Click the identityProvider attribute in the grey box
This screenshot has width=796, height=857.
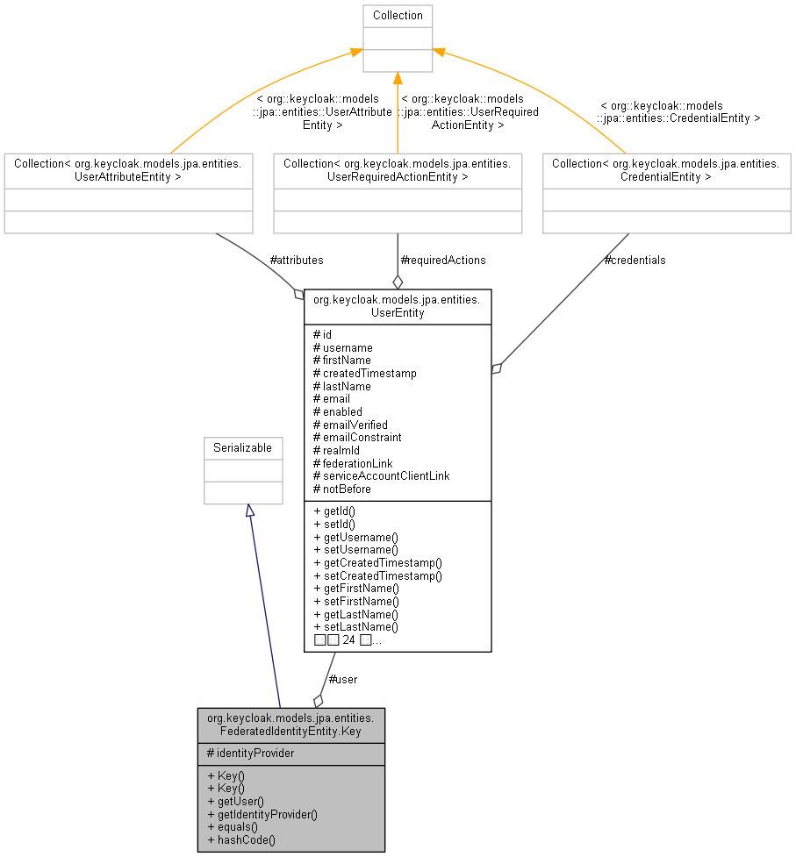(x=255, y=753)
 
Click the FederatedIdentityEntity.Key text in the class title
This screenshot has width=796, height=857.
(x=290, y=731)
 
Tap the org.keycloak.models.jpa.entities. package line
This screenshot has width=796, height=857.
(x=290, y=718)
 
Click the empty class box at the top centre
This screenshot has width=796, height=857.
(x=398, y=39)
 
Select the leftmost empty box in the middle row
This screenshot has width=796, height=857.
(x=128, y=193)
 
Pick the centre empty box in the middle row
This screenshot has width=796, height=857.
(x=398, y=193)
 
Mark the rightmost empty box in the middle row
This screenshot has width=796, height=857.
(x=667, y=193)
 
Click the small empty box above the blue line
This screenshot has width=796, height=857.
(x=243, y=471)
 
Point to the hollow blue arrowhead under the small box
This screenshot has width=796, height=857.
(x=249, y=511)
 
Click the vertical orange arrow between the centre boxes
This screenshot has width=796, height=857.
(x=398, y=114)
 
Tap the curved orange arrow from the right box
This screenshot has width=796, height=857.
(x=535, y=88)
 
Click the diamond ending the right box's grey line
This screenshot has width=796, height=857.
(x=496, y=368)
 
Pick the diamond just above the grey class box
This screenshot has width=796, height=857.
(x=318, y=700)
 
